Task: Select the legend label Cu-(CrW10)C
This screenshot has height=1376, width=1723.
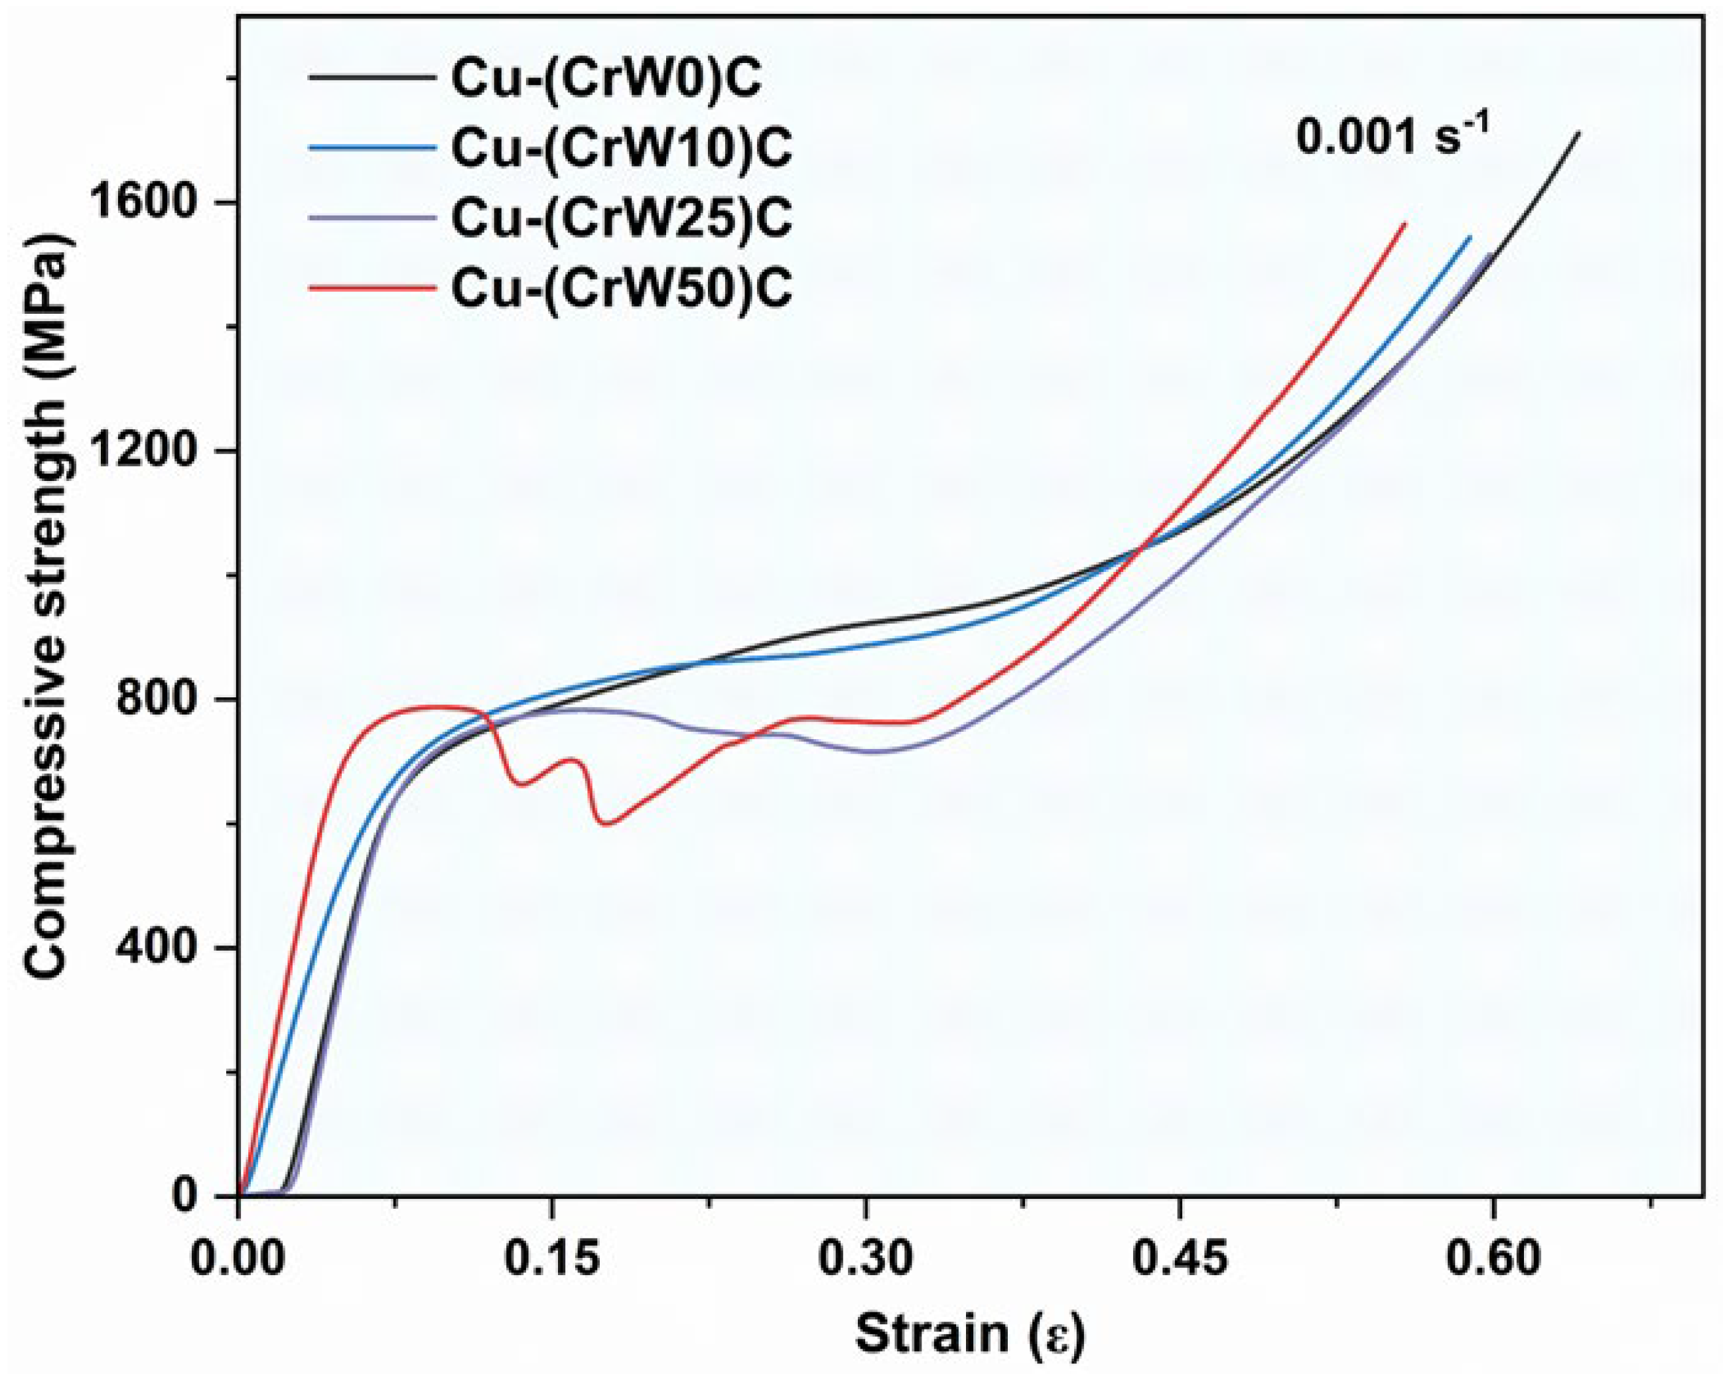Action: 622,148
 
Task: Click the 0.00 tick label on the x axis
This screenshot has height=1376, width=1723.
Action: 238,1259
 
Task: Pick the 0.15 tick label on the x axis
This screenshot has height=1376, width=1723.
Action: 551,1259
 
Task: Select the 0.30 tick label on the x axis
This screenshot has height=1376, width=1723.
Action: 866,1259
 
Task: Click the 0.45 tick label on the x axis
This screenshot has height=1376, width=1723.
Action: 1180,1259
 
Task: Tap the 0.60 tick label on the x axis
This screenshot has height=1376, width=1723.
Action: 1493,1259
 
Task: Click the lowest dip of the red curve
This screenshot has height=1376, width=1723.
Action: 606,823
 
